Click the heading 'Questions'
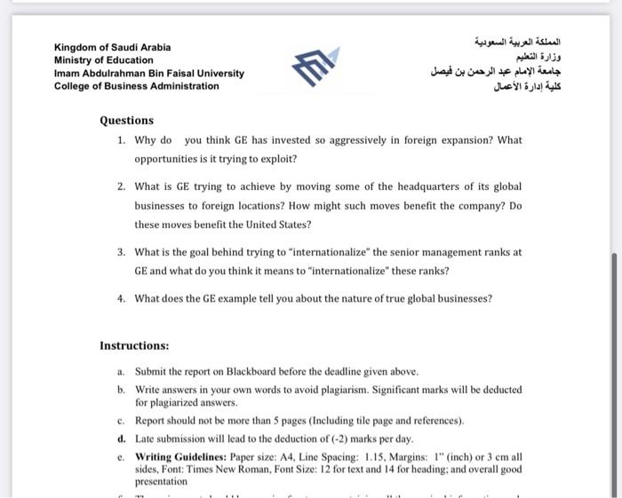click(x=126, y=121)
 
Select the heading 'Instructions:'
click(x=134, y=345)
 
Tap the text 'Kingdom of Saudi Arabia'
click(x=113, y=47)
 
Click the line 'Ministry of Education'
click(x=103, y=60)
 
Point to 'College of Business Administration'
click(x=136, y=86)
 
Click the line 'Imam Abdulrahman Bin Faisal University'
click(x=148, y=74)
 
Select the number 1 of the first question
click(x=121, y=140)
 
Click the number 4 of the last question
click(x=121, y=298)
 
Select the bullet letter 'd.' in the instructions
click(x=121, y=439)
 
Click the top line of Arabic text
click(x=519, y=42)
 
